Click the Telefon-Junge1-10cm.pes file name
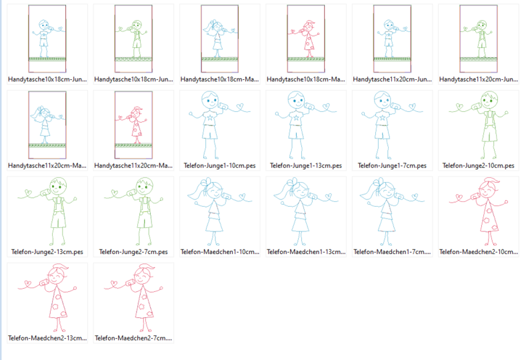pyautogui.click(x=220, y=166)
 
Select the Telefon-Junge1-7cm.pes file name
pyautogui.click(x=392, y=166)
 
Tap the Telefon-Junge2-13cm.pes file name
pyautogui.click(x=47, y=252)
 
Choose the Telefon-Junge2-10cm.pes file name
pyautogui.click(x=479, y=166)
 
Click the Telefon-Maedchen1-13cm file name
pyautogui.click(x=306, y=252)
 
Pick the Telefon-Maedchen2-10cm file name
pyautogui.click(x=479, y=252)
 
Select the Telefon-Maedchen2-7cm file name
pyautogui.click(x=133, y=338)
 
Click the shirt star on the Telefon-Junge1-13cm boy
pyautogui.click(x=296, y=118)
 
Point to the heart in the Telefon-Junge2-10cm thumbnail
pyautogui.click(x=459, y=107)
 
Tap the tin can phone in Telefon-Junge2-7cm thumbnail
pyautogui.click(x=130, y=193)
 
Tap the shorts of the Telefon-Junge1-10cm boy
pyautogui.click(x=209, y=132)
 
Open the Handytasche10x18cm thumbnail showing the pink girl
pyautogui.click(x=306, y=39)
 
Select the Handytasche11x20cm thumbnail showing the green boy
pyautogui.click(x=479, y=39)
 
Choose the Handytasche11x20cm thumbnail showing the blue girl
pyautogui.click(x=47, y=125)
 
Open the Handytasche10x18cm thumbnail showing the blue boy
pyautogui.click(x=47, y=39)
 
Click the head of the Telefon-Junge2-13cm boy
pyautogui.click(x=58, y=185)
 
